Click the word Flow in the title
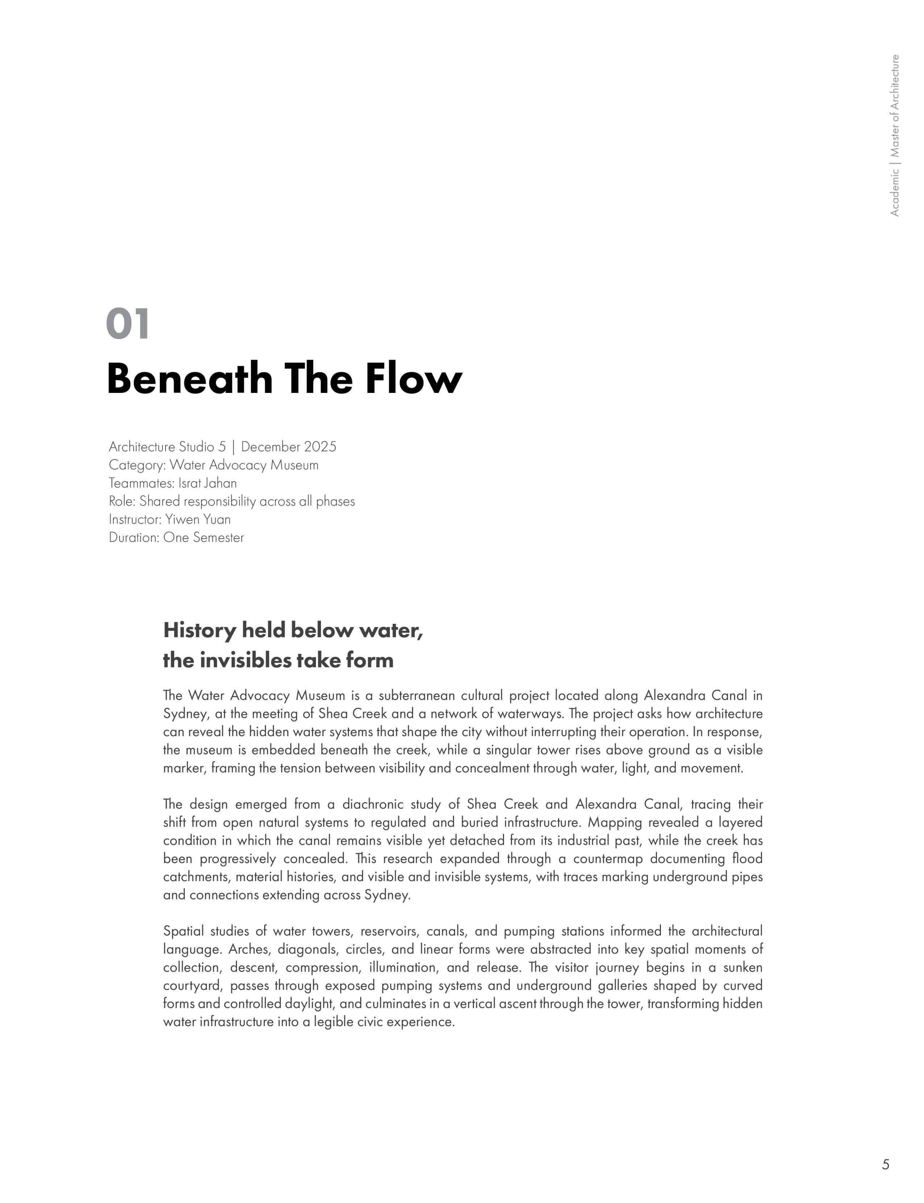[x=413, y=379]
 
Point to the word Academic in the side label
[x=895, y=192]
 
